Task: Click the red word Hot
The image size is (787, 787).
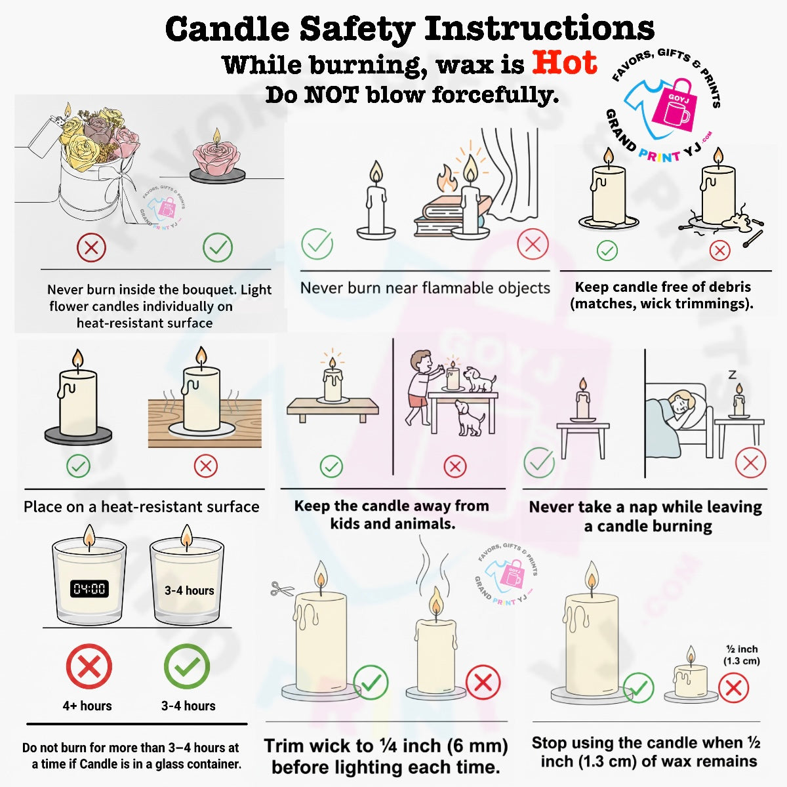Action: point(565,63)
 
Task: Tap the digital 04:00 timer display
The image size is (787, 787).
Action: point(89,588)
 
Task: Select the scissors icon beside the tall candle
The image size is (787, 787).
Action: point(282,588)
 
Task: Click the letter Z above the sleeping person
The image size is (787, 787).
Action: point(733,374)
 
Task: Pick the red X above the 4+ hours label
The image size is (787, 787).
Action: point(89,666)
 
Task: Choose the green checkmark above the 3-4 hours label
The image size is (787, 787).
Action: point(187,666)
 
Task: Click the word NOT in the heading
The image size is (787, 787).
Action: point(332,94)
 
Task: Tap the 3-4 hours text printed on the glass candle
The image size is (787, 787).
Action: point(189,590)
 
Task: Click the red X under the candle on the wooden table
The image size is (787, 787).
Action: point(205,466)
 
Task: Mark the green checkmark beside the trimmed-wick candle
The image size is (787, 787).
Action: point(371,682)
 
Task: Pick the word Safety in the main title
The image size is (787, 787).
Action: point(357,30)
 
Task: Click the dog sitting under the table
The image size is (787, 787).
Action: point(470,418)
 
